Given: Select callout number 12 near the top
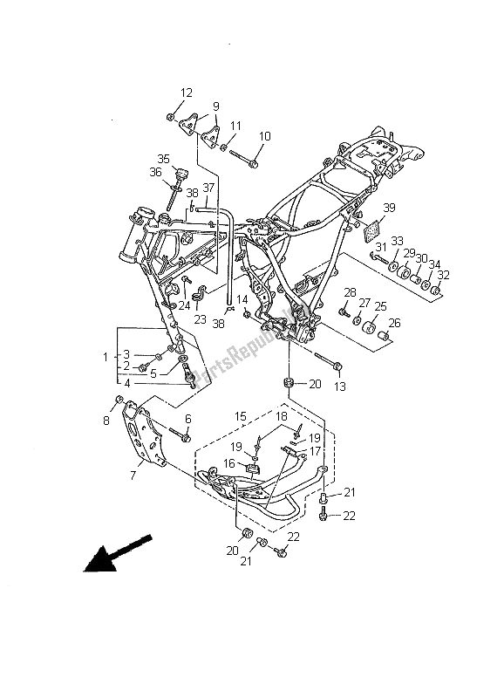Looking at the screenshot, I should coord(187,93).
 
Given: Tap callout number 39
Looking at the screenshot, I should coord(389,207).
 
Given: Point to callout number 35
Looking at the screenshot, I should coord(163,158).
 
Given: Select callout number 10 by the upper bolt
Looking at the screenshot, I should coord(264,136).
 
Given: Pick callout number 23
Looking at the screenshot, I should coord(201,319).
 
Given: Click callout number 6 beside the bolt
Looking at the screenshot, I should coord(187,419).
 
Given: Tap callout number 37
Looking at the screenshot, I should coord(209,188).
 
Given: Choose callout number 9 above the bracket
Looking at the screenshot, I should coord(215,106).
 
